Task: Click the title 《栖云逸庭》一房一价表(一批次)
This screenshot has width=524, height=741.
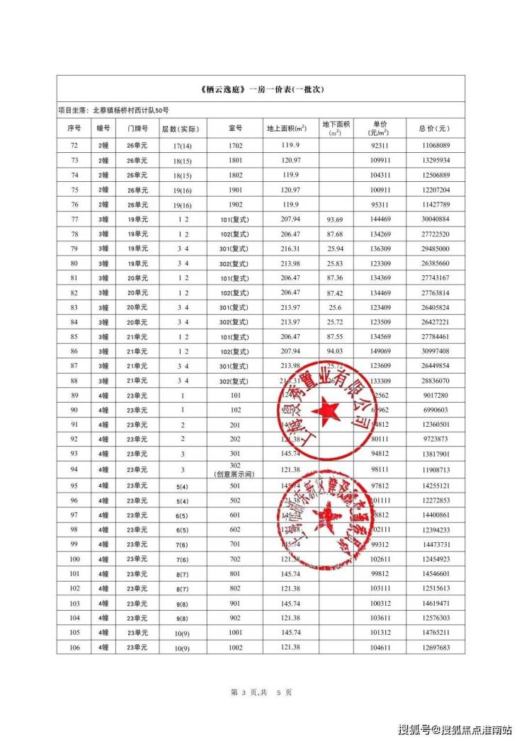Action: pos(262,91)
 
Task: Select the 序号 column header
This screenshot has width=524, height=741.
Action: pos(74,129)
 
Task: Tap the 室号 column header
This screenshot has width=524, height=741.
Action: pos(235,129)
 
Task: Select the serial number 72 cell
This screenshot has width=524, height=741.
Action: pos(74,145)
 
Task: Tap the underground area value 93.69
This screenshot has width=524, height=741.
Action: pos(335,219)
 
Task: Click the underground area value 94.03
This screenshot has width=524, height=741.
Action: pos(335,351)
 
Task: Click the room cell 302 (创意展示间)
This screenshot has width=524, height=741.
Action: pos(235,470)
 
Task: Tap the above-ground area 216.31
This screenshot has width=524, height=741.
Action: pos(290,248)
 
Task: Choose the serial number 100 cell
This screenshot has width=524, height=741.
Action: pos(74,559)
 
